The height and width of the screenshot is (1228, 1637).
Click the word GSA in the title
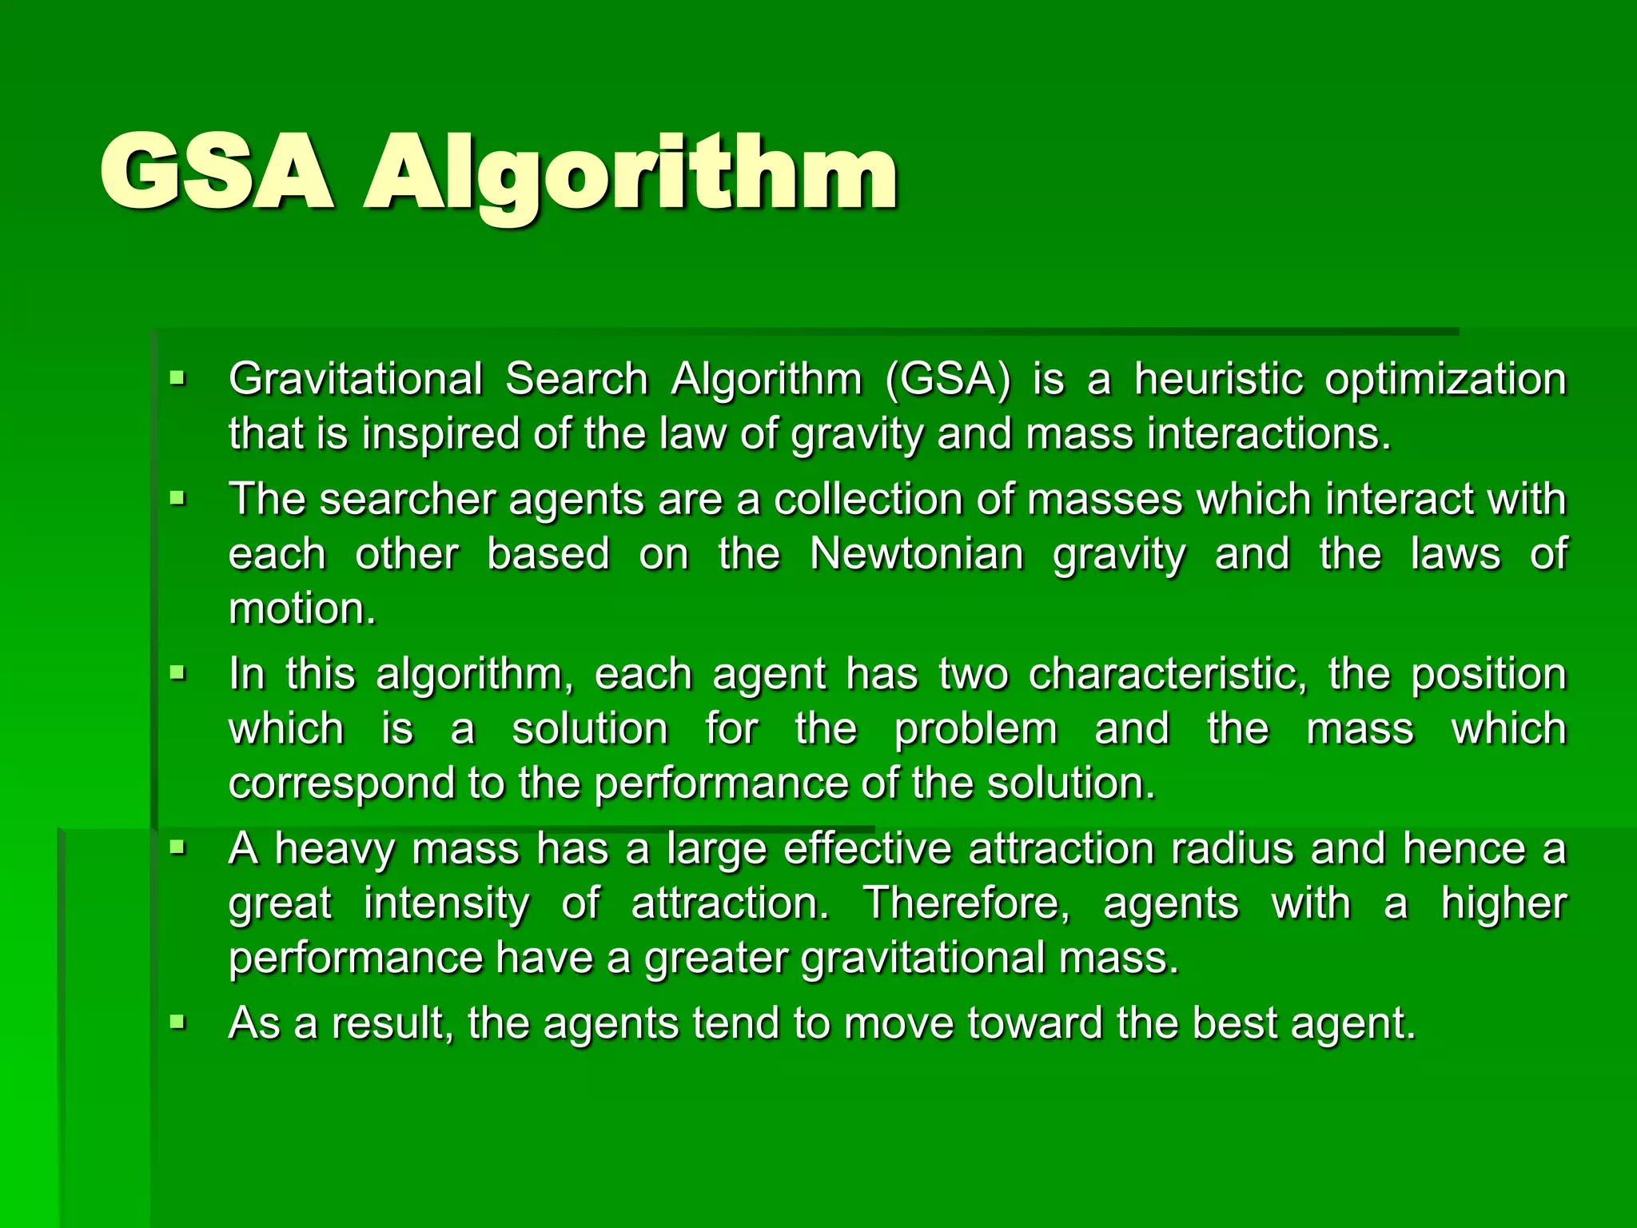coord(216,172)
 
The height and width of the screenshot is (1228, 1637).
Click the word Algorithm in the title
coord(631,176)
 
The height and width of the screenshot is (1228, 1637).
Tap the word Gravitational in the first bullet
coord(356,378)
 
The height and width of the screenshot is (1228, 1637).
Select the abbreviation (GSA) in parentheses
coord(948,380)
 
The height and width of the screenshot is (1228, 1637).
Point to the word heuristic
coord(1219,378)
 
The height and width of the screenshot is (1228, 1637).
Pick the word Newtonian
coord(916,553)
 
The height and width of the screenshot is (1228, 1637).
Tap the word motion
coord(301,609)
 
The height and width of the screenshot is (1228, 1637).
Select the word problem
coord(976,730)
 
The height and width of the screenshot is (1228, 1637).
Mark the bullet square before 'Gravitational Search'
coord(177,377)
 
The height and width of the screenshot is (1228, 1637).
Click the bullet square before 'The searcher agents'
coord(177,499)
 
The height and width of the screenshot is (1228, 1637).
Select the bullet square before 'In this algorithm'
coord(177,672)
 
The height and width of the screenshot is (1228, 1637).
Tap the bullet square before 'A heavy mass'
coord(177,847)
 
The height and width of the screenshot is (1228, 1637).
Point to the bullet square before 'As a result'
coord(177,1022)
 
